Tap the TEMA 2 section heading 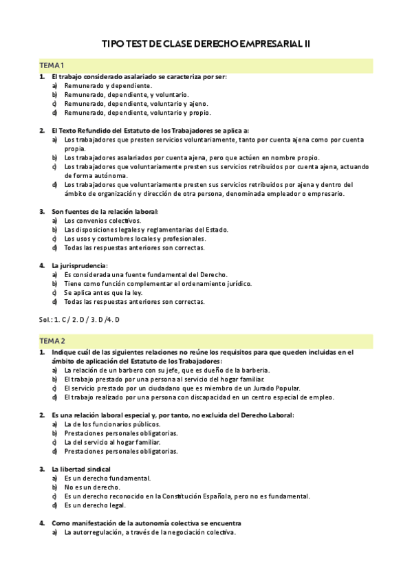point(53,341)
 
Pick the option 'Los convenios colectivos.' point(102,221)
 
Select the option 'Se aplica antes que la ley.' point(103,292)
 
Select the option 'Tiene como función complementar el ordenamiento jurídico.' point(158,283)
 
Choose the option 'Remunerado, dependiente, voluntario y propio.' point(138,113)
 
